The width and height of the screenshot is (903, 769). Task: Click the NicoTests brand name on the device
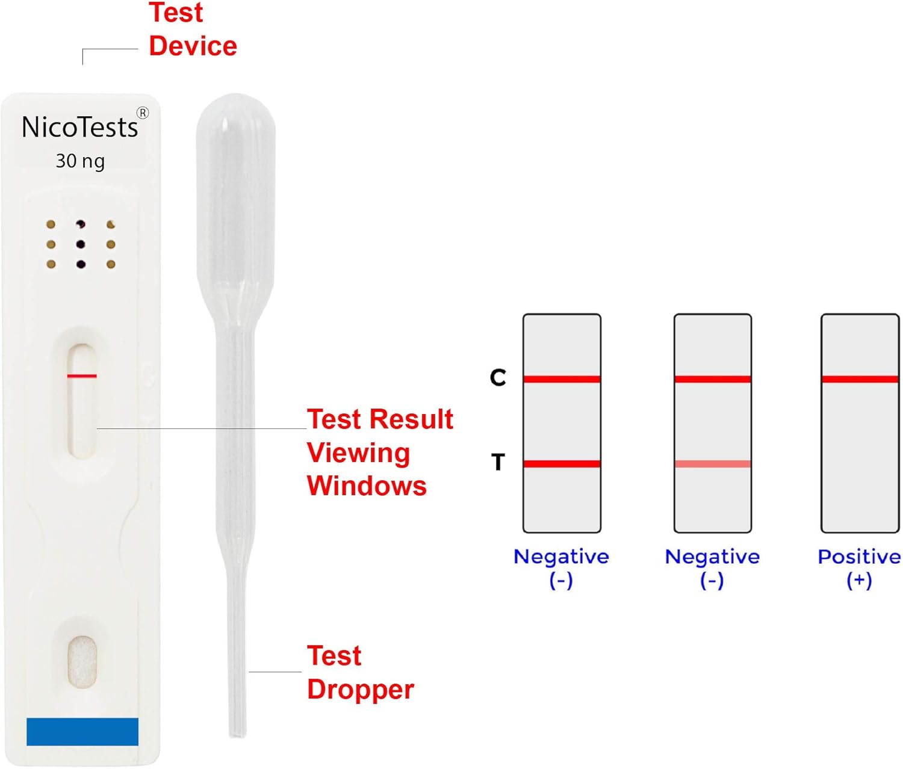pos(80,127)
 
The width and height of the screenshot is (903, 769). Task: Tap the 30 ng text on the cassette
pos(81,161)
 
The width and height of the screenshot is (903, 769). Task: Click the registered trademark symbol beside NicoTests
pos(143,113)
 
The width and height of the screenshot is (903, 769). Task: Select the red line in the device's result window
pos(82,376)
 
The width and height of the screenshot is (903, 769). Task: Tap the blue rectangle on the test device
pos(82,732)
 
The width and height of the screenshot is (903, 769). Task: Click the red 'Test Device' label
pos(193,29)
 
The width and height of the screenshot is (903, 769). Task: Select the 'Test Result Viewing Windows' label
pos(380,452)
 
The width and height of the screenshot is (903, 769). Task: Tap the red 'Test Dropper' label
pos(361,673)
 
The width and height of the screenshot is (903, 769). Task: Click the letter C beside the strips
pos(498,377)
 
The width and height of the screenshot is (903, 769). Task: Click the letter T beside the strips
pos(498,462)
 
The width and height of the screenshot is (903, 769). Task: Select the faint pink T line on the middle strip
pos(713,464)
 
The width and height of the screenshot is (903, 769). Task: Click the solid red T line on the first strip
pos(562,464)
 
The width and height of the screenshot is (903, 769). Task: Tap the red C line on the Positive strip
pos(860,379)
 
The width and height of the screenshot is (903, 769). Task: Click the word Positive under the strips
pos(859,557)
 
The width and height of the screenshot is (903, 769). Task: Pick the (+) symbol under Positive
pos(859,581)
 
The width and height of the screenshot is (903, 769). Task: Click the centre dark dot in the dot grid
pos(81,244)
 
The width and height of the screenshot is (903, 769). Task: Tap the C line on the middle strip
pos(713,379)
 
